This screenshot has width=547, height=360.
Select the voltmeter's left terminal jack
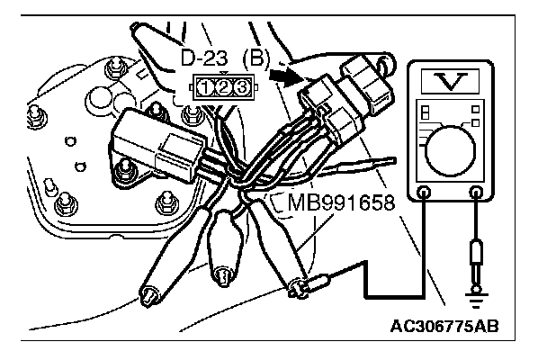point(425,191)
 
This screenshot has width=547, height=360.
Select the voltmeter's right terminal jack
point(476,191)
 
